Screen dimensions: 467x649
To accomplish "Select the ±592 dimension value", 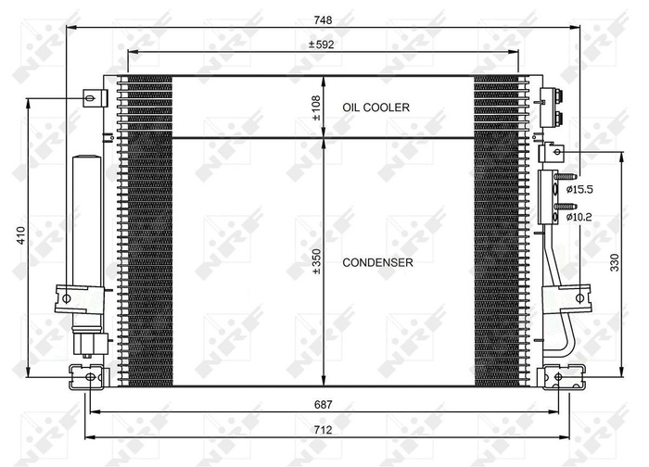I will (x=323, y=43).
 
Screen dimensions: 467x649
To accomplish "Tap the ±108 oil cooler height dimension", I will (x=315, y=107).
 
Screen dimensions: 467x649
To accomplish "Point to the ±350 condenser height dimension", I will (x=315, y=263).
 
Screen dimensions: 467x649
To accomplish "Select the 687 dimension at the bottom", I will (x=323, y=405).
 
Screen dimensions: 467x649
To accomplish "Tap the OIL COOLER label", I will (x=375, y=108).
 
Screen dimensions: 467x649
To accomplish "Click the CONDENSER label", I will (x=377, y=263).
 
